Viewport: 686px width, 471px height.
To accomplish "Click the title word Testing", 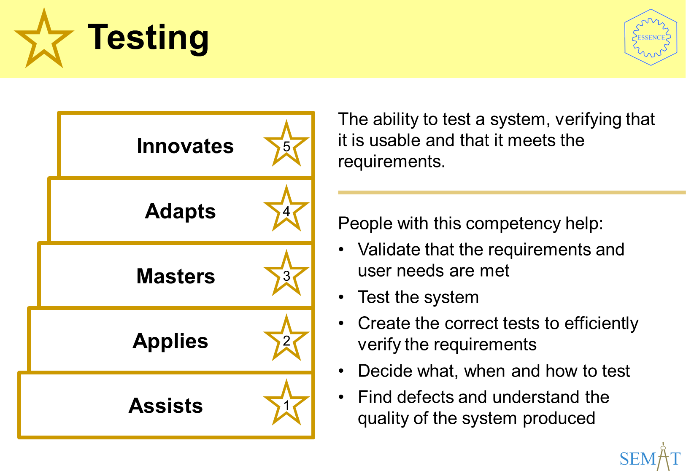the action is pos(148,38).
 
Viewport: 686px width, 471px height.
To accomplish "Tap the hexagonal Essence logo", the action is pos(651,38).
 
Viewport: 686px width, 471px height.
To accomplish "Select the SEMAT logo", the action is pos(650,457).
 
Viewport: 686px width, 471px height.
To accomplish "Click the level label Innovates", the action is pos(185,146).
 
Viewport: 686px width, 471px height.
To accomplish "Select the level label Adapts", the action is pos(180,212).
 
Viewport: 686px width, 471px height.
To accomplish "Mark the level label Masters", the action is pos(176,276).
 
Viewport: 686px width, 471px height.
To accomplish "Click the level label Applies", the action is pos(170,341).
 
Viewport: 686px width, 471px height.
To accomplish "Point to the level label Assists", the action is pos(165,406).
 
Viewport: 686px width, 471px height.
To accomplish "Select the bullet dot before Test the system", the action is pos(341,297).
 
